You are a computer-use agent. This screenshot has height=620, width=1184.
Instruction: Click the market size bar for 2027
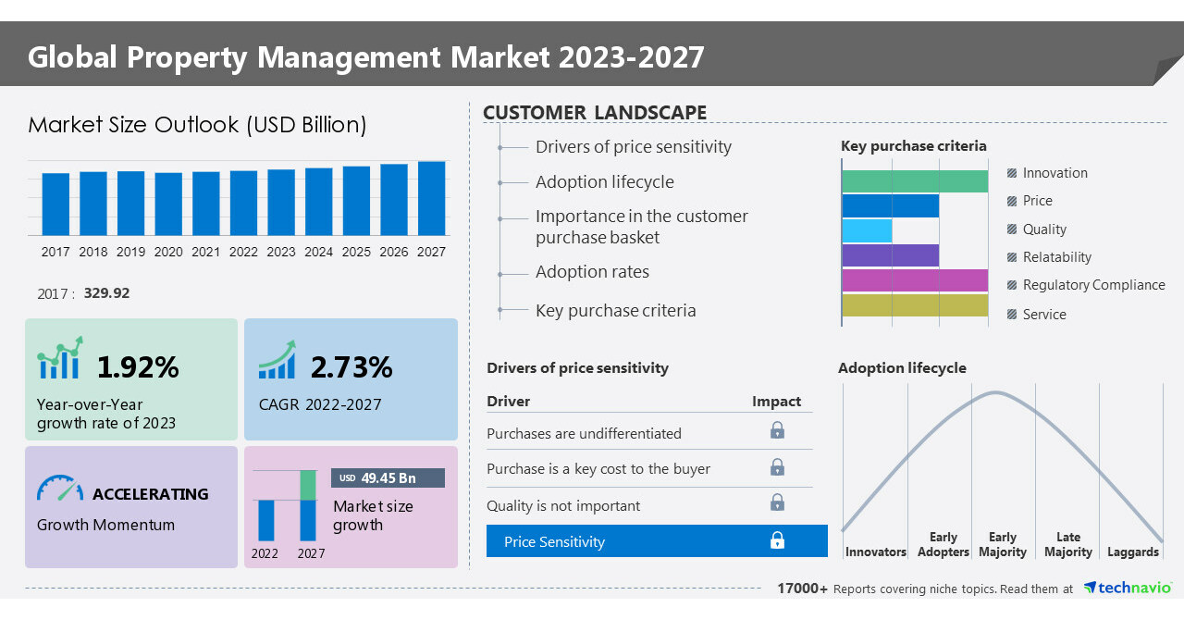click(431, 198)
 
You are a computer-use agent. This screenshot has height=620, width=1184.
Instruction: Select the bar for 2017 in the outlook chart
click(55, 204)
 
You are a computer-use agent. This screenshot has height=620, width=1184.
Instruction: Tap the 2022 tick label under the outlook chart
click(243, 252)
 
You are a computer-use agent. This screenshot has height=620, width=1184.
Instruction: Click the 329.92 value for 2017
click(106, 293)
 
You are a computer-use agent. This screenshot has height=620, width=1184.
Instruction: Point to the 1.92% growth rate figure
click(138, 367)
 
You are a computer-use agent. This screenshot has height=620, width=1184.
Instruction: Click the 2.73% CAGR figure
click(351, 367)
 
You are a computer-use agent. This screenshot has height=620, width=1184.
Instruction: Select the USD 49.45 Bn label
click(388, 477)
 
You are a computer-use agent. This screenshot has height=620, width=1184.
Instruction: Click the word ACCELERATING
click(151, 494)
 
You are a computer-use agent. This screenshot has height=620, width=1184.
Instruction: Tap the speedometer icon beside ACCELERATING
click(60, 489)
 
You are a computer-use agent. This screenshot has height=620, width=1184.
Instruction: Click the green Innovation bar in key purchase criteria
click(914, 181)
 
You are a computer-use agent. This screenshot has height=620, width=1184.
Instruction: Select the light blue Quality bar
click(867, 230)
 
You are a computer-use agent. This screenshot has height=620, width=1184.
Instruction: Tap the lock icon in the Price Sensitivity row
click(777, 540)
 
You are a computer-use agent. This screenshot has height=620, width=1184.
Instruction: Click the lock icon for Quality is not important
click(777, 502)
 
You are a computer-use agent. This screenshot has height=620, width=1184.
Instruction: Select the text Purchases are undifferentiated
click(584, 433)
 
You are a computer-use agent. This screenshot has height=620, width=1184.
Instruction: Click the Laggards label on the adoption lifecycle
click(1132, 552)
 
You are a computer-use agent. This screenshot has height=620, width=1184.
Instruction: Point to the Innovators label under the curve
click(875, 552)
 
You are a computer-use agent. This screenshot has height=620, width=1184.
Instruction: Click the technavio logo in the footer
click(1128, 588)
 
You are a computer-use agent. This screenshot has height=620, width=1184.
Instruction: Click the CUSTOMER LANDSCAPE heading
click(595, 113)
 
